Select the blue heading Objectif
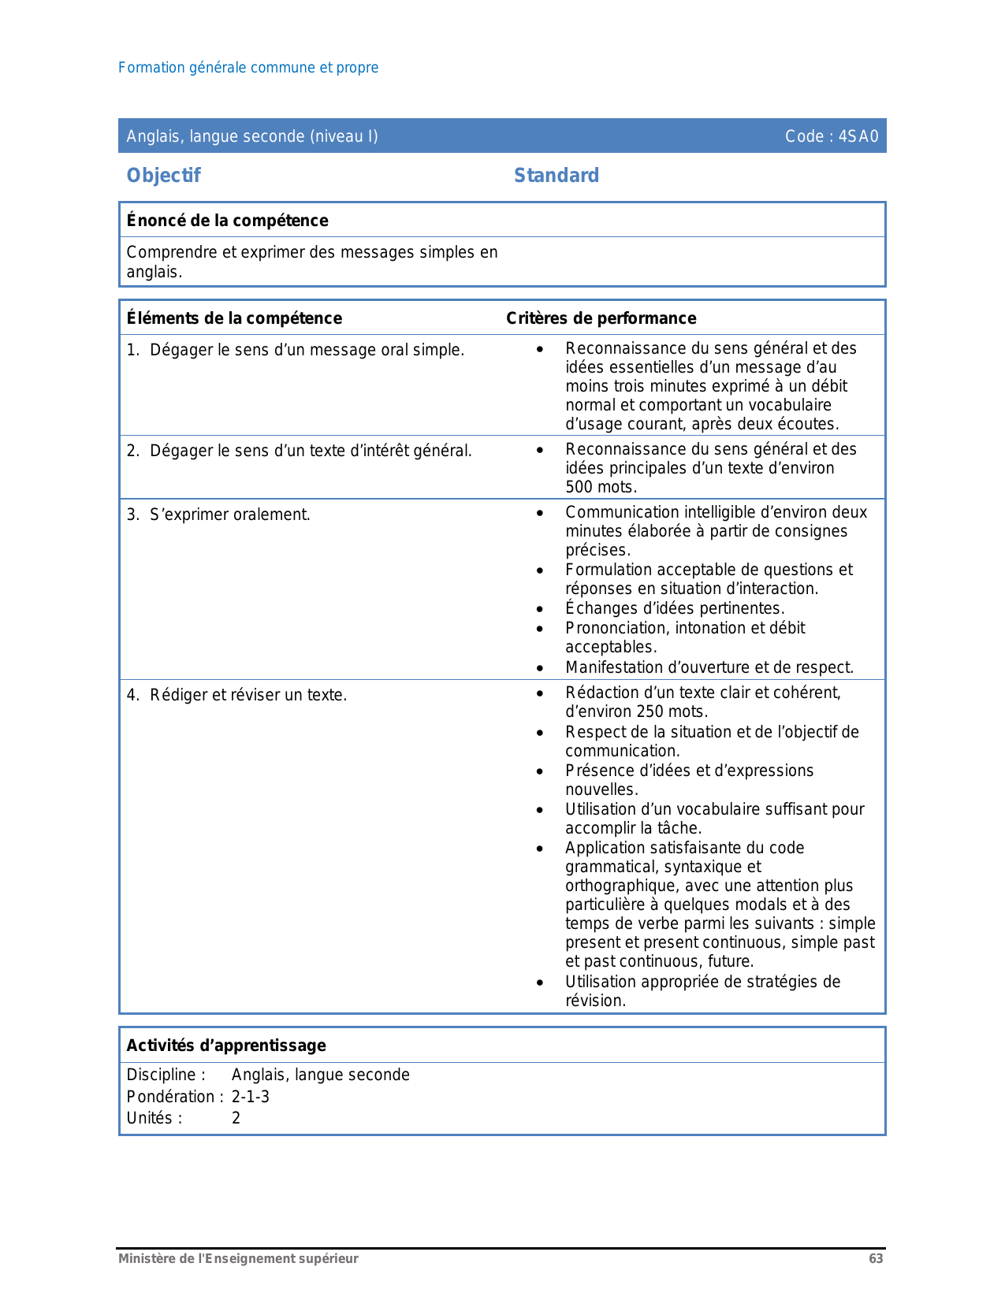tap(163, 175)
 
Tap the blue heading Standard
tap(556, 175)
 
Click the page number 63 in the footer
tap(876, 1258)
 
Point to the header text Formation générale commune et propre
tap(248, 68)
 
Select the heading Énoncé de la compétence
tap(227, 221)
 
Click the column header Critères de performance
tap(601, 318)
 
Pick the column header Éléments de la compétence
tap(234, 318)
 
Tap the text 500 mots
tap(601, 487)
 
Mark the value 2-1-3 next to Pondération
tap(250, 1097)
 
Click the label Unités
tap(153, 1118)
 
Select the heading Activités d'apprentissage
tap(225, 1046)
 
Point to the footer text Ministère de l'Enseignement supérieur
tap(238, 1258)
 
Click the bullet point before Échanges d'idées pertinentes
tap(539, 609)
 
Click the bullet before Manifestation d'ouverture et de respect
tap(539, 668)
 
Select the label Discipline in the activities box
tap(165, 1075)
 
